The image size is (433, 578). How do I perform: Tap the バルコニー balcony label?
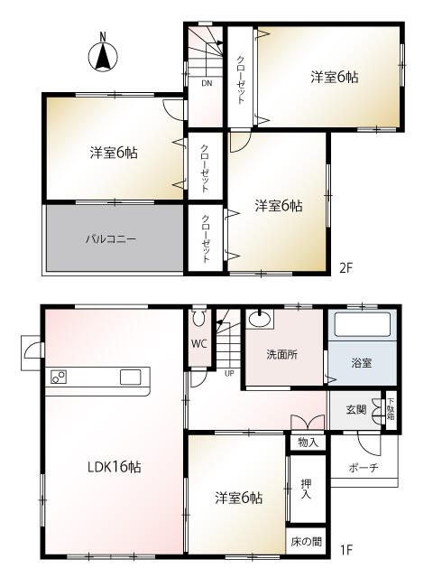point(110,239)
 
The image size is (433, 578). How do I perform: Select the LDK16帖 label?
point(113,467)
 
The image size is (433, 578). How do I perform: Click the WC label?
point(198,344)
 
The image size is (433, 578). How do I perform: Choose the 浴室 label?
point(361,362)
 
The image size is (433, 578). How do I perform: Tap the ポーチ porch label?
point(361,467)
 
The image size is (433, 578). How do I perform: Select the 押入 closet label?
point(306,490)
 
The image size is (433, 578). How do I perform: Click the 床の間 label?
point(305,542)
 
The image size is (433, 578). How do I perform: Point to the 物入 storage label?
point(307,442)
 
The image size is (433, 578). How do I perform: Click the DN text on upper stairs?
point(206,84)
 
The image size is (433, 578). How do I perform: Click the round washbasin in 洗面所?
point(261,319)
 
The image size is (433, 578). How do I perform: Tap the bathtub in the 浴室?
point(361,326)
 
